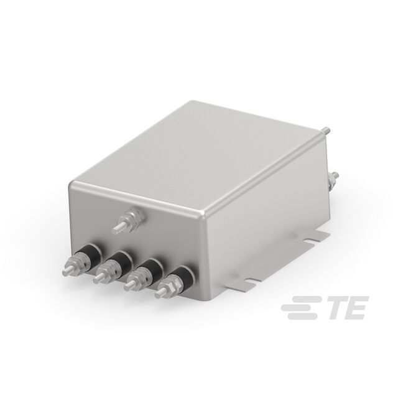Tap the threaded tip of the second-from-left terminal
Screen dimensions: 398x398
96,280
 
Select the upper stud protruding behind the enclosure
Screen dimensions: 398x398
325,131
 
